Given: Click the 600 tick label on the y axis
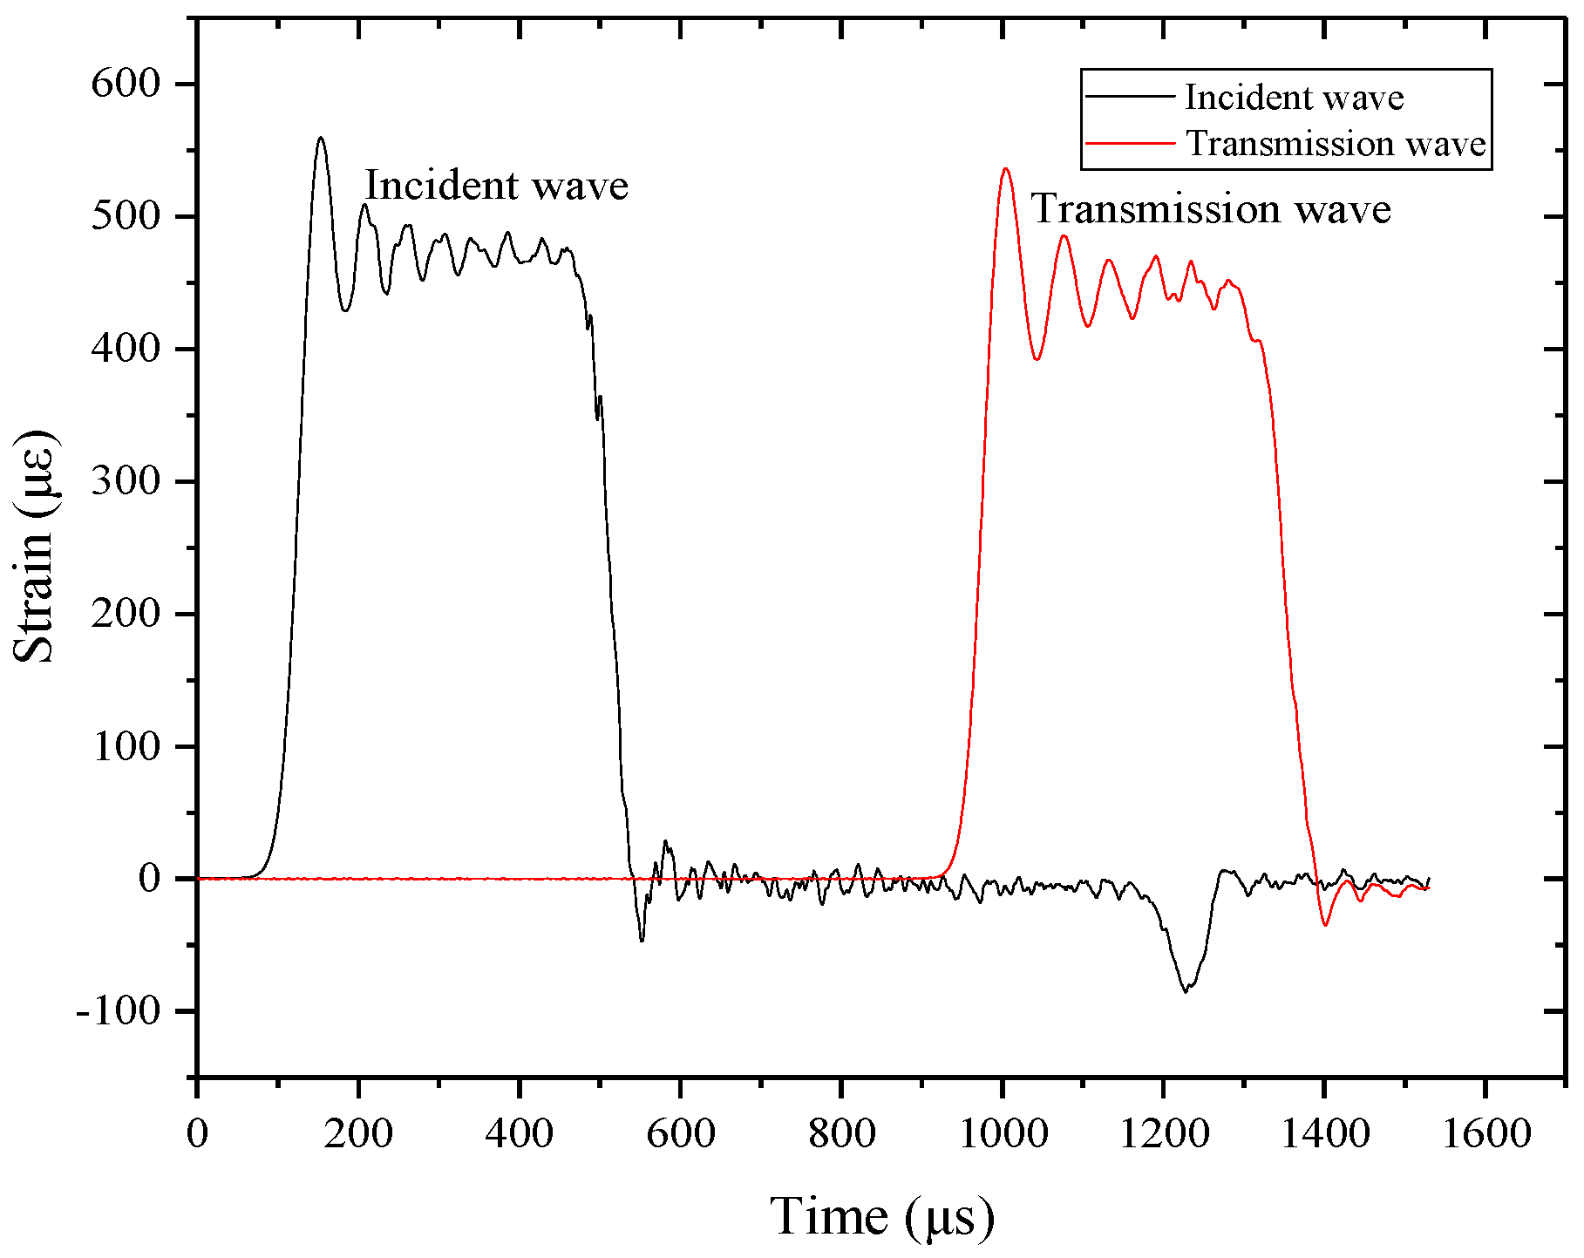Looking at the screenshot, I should pyautogui.click(x=126, y=85).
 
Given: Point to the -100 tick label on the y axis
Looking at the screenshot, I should pyautogui.click(x=119, y=1012).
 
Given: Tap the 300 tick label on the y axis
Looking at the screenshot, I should pyautogui.click(x=126, y=482).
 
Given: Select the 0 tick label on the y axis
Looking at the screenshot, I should pyautogui.click(x=150, y=879).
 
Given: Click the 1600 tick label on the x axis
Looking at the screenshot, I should pyautogui.click(x=1485, y=1134).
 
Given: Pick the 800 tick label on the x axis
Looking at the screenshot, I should pyautogui.click(x=840, y=1134).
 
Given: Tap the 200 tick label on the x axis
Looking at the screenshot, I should pyautogui.click(x=358, y=1134).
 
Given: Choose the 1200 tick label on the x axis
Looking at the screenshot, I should pyautogui.click(x=1163, y=1134).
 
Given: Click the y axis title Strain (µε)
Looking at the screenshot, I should pyautogui.click(x=35, y=547).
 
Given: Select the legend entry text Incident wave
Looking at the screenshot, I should pyautogui.click(x=1294, y=98).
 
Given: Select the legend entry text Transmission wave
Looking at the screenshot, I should pyautogui.click(x=1336, y=144).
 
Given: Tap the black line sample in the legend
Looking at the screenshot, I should pyautogui.click(x=1130, y=97).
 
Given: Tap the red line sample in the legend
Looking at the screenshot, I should pyautogui.click(x=1130, y=143).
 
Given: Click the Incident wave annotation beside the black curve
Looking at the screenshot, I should pyautogui.click(x=496, y=186).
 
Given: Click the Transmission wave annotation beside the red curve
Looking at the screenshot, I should pyautogui.click(x=1211, y=210).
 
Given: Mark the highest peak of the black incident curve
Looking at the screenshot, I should pyautogui.click(x=321, y=138).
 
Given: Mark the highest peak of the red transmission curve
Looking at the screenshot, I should pyautogui.click(x=1005, y=168).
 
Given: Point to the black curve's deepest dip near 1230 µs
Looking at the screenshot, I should pyautogui.click(x=1186, y=992).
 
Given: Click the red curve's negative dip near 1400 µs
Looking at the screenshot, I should pyautogui.click(x=1326, y=925).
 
